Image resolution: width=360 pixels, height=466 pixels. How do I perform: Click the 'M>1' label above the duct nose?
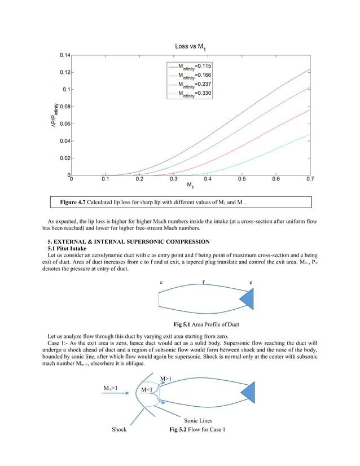pos(168,377)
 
